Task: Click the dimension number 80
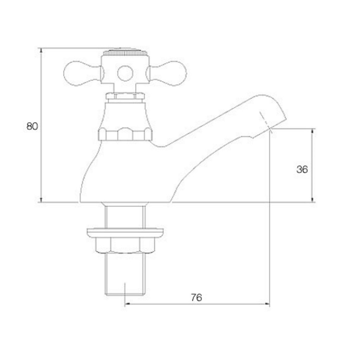point(32,126)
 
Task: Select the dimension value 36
point(302,169)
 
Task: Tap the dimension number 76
point(197,298)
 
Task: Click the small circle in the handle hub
point(125,73)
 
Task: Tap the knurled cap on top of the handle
point(125,53)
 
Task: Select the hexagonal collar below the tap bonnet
point(125,134)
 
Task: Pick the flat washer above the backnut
point(125,232)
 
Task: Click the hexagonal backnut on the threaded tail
point(125,245)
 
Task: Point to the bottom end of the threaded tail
point(125,294)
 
